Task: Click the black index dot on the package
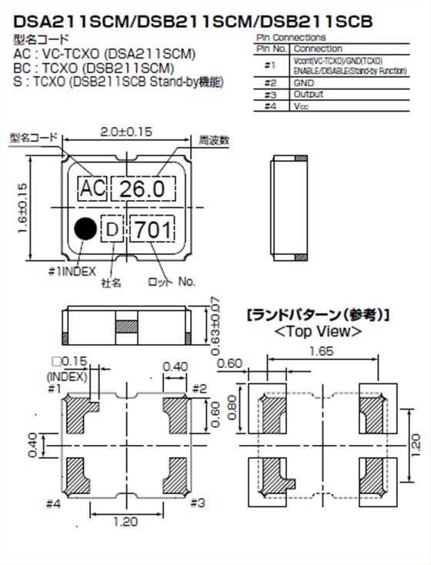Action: [x=85, y=229]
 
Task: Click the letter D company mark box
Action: [x=112, y=230]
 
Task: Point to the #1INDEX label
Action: [x=71, y=270]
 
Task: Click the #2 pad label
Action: [x=199, y=389]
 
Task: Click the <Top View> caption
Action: [x=318, y=332]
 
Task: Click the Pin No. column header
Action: [x=271, y=48]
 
